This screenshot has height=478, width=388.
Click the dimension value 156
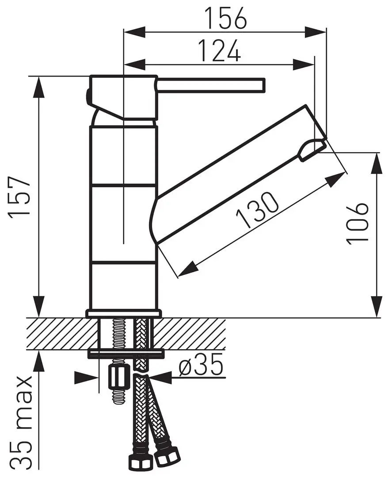point(225,19)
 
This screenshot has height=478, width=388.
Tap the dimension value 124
point(219,51)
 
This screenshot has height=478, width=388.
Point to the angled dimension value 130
point(258,212)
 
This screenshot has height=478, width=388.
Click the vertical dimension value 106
point(358,224)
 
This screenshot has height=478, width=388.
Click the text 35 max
point(21,423)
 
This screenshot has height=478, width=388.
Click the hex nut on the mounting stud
point(118,376)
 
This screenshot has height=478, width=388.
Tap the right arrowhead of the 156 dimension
point(318,31)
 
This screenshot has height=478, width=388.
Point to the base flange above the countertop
point(123,313)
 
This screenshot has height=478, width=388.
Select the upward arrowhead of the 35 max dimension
point(39,361)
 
